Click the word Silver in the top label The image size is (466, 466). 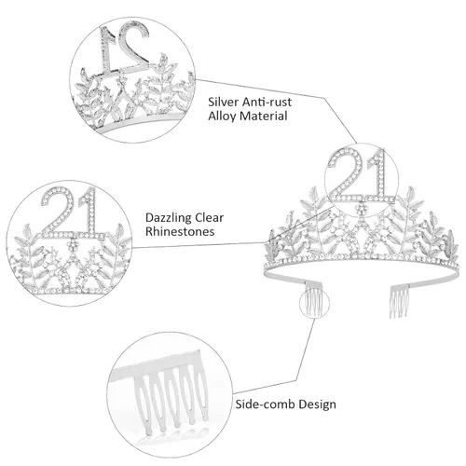coord(223,102)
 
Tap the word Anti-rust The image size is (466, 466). coord(267,102)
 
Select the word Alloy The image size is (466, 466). coord(222,116)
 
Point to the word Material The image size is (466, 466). coord(263,116)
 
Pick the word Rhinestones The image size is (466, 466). coord(180,231)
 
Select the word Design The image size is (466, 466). coord(314,404)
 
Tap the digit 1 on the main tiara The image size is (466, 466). coord(378,174)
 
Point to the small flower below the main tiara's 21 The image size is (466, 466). coord(362,208)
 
